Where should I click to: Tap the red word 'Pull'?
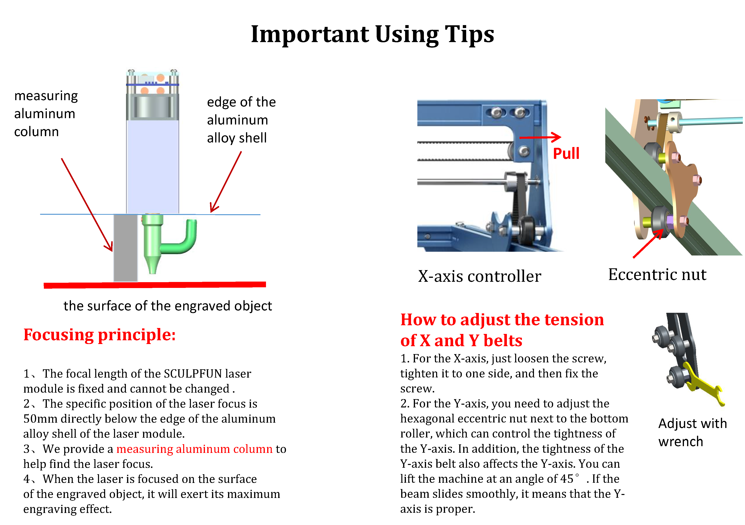click(566, 153)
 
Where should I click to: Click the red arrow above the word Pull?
click(540, 137)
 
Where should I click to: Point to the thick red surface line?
click(155, 285)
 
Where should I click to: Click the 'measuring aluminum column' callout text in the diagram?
click(46, 114)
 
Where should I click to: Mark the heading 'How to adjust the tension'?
click(502, 320)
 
